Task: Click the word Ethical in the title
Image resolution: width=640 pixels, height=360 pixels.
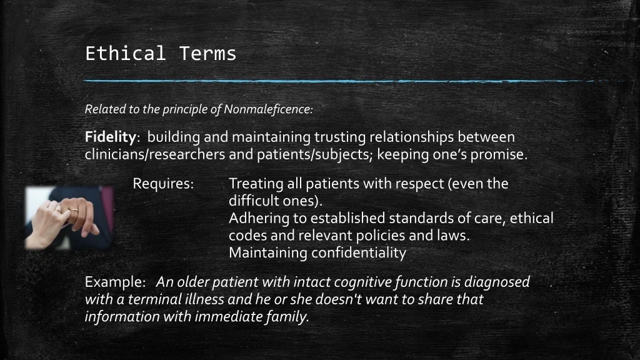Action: (125, 54)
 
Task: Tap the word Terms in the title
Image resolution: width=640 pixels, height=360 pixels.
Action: (207, 54)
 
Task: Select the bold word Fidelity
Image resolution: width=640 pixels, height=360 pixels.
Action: (110, 137)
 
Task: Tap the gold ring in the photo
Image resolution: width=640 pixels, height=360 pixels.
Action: (74, 211)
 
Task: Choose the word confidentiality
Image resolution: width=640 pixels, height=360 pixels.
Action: (359, 252)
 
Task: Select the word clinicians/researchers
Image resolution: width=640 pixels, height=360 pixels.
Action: (155, 155)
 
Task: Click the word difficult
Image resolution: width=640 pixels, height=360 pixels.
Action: (251, 201)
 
